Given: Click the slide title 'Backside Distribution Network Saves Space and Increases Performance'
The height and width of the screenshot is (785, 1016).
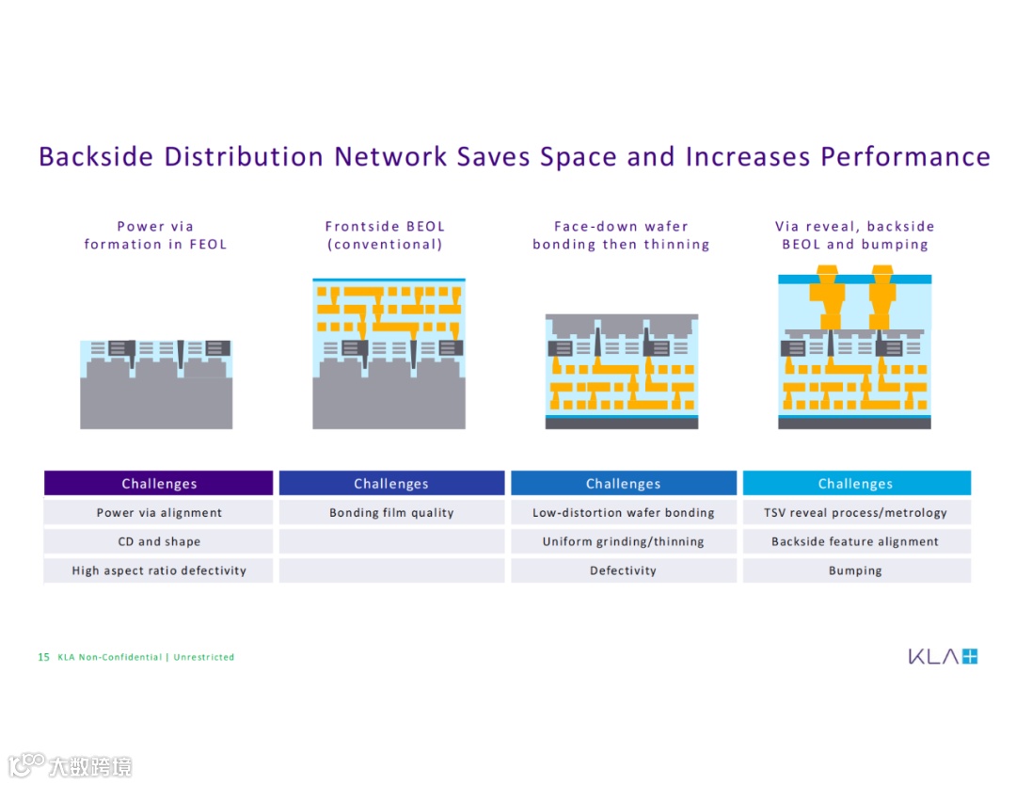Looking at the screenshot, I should (514, 156).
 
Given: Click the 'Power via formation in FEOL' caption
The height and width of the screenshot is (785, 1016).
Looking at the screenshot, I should (155, 235).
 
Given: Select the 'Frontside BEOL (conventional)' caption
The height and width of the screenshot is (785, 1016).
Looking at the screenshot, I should (385, 235).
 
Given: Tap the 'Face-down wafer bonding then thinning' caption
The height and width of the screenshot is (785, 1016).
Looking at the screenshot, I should (621, 235).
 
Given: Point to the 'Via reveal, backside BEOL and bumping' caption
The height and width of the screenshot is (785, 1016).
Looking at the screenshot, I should (855, 235).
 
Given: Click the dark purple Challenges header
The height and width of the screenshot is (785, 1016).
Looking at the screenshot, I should (159, 484).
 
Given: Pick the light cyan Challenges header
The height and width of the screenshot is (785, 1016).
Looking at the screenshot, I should (856, 484).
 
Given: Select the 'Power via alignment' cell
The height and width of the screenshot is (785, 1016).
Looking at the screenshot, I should (159, 513).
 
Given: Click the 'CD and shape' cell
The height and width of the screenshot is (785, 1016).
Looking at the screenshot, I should (159, 542).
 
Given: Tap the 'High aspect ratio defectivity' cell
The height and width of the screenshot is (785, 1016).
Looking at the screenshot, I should (159, 570).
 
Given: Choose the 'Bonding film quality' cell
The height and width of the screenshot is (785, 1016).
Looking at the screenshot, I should (391, 513).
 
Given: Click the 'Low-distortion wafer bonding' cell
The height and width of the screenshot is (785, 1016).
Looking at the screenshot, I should (624, 513).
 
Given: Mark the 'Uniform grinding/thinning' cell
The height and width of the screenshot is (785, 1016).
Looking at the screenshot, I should (624, 542).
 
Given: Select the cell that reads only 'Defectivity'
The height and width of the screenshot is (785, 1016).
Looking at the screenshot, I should (624, 570).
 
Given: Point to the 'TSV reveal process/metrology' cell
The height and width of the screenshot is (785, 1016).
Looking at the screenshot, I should (856, 513).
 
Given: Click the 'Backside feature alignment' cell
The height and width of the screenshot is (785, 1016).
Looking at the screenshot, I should (856, 542).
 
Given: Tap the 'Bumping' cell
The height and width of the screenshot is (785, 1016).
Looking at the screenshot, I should (856, 570).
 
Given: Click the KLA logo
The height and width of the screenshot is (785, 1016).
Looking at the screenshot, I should (943, 656).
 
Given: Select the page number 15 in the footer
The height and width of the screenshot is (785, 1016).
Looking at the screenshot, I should (43, 657).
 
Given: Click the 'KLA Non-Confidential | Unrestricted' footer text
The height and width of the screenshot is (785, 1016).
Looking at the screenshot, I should (146, 657).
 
